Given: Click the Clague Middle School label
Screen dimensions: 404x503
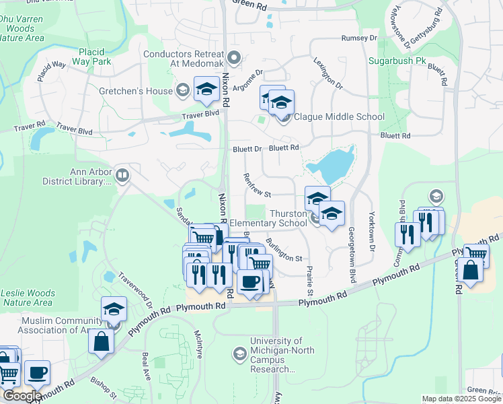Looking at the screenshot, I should [x=339, y=116].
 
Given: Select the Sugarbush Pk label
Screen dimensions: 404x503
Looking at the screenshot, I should [x=397, y=61].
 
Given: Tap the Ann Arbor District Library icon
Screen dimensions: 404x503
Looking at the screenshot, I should [x=122, y=176].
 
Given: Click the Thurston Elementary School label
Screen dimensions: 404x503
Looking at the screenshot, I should [x=268, y=218].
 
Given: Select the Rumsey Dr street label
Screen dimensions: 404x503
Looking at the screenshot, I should [x=359, y=38].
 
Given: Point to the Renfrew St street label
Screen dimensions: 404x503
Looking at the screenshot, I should [x=258, y=184].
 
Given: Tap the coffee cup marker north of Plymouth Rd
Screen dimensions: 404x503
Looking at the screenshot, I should [x=250, y=281].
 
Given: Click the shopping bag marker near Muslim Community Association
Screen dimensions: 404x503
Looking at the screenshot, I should [x=101, y=340].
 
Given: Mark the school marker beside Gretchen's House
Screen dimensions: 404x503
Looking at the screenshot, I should [x=206, y=89].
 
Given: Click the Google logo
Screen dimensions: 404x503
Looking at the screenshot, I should [x=22, y=396].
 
